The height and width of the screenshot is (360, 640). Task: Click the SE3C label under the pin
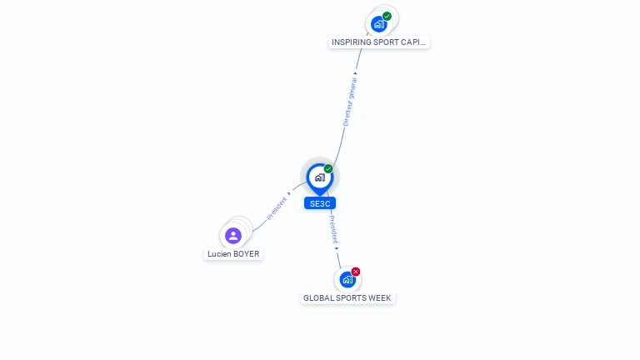pyautogui.click(x=320, y=203)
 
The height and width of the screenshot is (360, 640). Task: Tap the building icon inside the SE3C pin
pyautogui.click(x=319, y=177)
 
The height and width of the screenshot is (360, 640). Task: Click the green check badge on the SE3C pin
pyautogui.click(x=328, y=169)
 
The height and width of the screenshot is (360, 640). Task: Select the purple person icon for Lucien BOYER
pyautogui.click(x=233, y=235)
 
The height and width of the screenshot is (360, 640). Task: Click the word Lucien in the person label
pyautogui.click(x=219, y=254)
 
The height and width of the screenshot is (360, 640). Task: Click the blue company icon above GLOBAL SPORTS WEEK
pyautogui.click(x=347, y=279)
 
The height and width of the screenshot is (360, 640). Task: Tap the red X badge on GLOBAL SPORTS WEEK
pyautogui.click(x=356, y=272)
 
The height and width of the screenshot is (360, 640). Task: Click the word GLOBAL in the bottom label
pyautogui.click(x=317, y=298)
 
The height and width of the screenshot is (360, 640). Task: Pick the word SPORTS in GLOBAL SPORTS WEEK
pyautogui.click(x=349, y=298)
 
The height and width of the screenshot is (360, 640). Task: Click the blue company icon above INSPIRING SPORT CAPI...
pyautogui.click(x=379, y=24)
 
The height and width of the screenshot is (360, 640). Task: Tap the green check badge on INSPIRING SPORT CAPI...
pyautogui.click(x=387, y=16)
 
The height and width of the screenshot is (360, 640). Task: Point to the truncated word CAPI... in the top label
pyautogui.click(x=414, y=42)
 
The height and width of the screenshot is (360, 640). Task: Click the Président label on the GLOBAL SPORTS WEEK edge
pyautogui.click(x=332, y=229)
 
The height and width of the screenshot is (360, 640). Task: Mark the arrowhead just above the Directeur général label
pyautogui.click(x=356, y=73)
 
